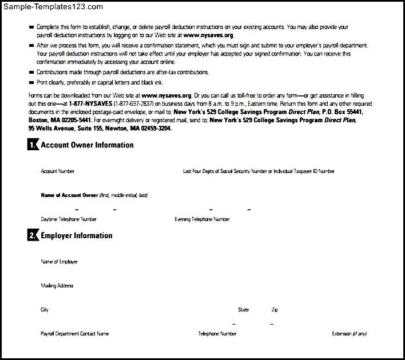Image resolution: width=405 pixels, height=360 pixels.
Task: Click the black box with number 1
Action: point(33,145)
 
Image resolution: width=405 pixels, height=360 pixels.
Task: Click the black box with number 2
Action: point(33,235)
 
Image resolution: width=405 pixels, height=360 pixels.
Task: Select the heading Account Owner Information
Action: point(87,145)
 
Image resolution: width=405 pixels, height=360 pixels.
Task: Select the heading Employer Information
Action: point(77,235)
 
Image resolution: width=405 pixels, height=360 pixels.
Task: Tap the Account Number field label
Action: point(57,171)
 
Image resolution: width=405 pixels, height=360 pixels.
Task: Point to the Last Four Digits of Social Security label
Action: point(259,171)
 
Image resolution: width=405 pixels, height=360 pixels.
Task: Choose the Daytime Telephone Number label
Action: point(69,219)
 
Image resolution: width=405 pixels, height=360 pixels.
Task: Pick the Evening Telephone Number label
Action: point(202,219)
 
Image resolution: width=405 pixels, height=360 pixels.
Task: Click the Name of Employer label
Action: point(59,262)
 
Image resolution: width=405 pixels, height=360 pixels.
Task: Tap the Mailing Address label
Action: point(57,286)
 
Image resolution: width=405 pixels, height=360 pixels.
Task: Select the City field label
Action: point(45,310)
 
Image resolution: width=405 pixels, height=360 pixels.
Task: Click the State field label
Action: point(244,310)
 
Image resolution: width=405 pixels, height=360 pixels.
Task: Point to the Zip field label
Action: point(275,310)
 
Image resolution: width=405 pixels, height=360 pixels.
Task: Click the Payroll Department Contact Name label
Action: point(74,334)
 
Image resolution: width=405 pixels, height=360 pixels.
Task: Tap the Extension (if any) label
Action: point(350,334)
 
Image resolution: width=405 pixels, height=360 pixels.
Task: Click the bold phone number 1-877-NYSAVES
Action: point(90,104)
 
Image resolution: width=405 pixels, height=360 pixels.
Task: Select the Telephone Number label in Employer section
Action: point(217,334)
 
